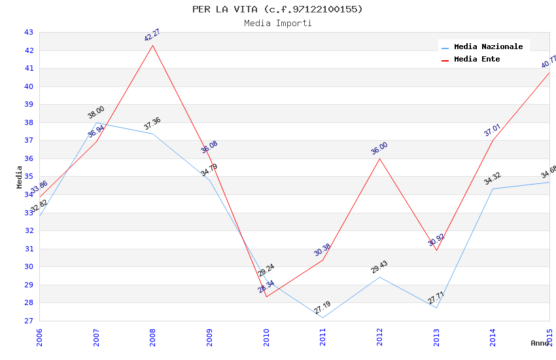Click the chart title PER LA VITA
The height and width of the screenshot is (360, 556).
tap(277, 9)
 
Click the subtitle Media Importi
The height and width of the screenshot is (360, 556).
tap(277, 24)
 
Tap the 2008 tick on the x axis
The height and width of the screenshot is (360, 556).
tap(153, 338)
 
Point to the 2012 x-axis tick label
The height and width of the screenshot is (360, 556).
tap(380, 338)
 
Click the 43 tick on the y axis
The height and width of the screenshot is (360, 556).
tap(29, 32)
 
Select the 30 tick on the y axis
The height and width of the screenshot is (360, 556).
tap(29, 266)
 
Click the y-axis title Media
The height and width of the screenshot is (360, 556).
tap(20, 177)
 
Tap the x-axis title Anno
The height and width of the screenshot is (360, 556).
tap(540, 343)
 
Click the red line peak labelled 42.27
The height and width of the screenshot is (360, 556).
tap(153, 45)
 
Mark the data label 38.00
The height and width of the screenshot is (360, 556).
tap(96, 113)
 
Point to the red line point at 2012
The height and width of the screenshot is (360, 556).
tap(379, 158)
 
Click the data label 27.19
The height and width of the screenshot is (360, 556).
tap(322, 308)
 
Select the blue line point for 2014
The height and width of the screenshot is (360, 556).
tap(493, 189)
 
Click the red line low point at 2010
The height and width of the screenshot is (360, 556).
tap(266, 297)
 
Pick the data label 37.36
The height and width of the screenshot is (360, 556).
tap(152, 124)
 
